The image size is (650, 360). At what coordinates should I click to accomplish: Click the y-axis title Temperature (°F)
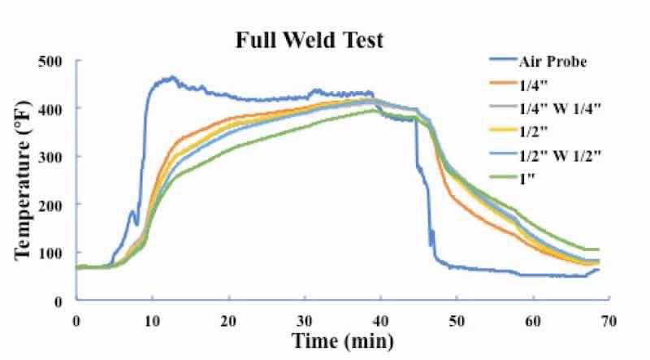point(22,180)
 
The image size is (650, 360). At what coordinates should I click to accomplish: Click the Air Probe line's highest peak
point(171,78)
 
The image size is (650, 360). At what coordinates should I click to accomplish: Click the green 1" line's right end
point(598,249)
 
